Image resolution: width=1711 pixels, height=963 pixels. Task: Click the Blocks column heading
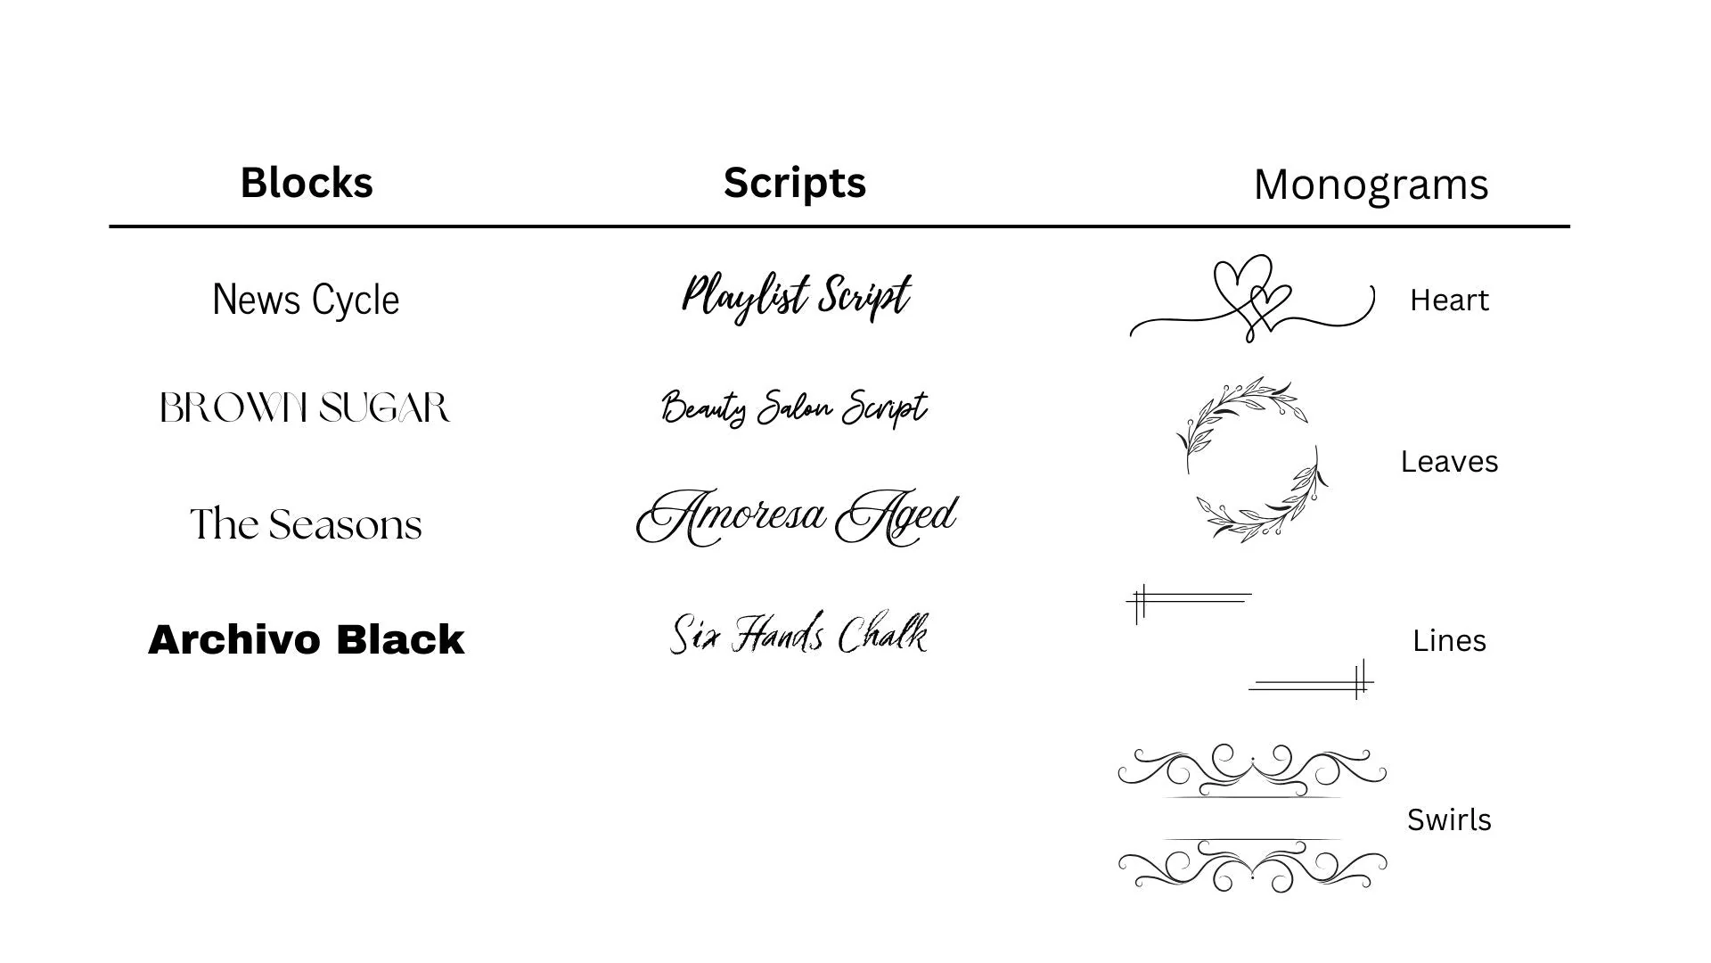tap(307, 183)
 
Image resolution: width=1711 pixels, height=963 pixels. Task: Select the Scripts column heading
tap(795, 184)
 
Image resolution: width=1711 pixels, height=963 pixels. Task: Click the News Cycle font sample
tap(306, 300)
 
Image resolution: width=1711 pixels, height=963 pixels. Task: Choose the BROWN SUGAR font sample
tap(305, 407)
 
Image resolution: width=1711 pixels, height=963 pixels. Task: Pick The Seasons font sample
tap(306, 524)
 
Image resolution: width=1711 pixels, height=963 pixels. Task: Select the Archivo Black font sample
tap(306, 639)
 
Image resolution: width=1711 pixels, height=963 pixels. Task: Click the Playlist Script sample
tap(796, 297)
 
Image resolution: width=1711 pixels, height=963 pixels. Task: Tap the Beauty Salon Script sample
tap(794, 408)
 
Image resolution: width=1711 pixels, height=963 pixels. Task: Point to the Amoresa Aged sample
tap(797, 517)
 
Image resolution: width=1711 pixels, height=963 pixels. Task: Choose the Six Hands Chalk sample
tap(798, 633)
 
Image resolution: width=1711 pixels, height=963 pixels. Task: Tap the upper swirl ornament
tap(1252, 770)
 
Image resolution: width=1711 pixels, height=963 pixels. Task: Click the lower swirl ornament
tap(1252, 865)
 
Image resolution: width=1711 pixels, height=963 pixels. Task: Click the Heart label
tap(1449, 300)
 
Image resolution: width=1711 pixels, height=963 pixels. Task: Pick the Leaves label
tap(1449, 462)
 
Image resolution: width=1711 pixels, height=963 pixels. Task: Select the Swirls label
tap(1449, 820)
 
